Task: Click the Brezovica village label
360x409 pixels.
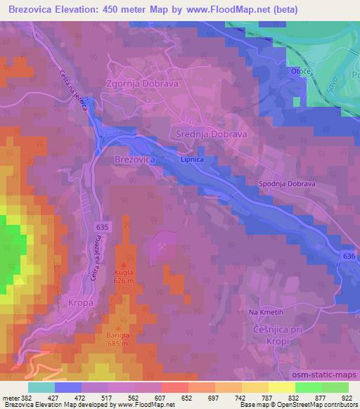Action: [x=134, y=160]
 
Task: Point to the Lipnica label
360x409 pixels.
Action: [x=191, y=160]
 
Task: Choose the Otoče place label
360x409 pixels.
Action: [x=300, y=72]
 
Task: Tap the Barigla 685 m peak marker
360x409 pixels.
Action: [x=117, y=327]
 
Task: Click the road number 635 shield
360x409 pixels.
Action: [x=103, y=226]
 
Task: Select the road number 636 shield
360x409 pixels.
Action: [x=349, y=257]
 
